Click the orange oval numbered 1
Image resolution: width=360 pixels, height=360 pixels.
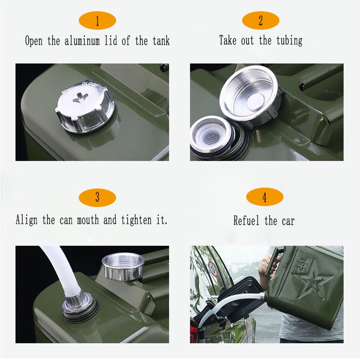pos(97,21)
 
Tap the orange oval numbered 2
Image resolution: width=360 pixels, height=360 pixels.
pos(261,20)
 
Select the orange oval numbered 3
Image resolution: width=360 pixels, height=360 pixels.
pos(97,198)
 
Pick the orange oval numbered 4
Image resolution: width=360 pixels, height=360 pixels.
pos(265,197)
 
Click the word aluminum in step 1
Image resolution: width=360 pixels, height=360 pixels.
pos(82,41)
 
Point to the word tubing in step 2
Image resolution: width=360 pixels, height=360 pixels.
pos(289,41)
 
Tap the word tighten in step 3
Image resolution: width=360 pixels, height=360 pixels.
pos(136,220)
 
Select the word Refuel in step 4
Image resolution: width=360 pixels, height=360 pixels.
pos(246,220)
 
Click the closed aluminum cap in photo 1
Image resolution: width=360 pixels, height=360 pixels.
pos(85,106)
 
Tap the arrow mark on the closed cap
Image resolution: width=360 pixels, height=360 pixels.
pos(81,97)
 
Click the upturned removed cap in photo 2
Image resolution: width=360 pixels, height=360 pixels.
pos(251,96)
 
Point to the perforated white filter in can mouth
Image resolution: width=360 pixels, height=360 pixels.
pos(211,138)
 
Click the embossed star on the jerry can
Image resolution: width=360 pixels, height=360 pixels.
pos(312,283)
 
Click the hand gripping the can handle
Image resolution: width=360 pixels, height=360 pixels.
pos(268,265)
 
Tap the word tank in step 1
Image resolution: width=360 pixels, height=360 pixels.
pos(161,41)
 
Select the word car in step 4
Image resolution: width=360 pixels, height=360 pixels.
pos(288,221)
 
